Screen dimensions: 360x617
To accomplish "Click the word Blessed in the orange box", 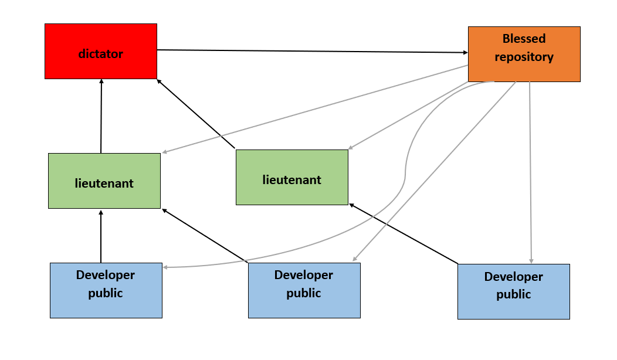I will coord(524,39).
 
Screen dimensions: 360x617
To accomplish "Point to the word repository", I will coord(524,57).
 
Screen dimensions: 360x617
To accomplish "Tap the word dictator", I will coord(101,54).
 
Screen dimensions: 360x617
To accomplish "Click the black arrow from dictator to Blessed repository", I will coord(311,52).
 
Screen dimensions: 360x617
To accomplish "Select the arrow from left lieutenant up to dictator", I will coord(101,117).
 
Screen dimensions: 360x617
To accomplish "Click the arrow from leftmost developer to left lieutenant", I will coord(101,237).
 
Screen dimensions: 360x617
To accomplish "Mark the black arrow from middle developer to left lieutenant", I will coord(205,235).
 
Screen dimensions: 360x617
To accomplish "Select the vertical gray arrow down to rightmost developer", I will coord(530,176).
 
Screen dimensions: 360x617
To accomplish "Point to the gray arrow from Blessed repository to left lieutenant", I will coord(317,108).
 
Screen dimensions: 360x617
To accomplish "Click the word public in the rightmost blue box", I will coord(513,294).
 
